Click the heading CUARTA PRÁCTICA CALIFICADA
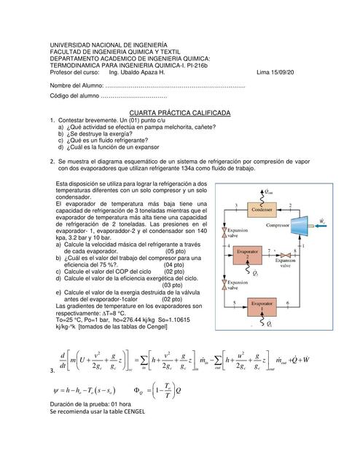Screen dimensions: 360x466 pos(179,114)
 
